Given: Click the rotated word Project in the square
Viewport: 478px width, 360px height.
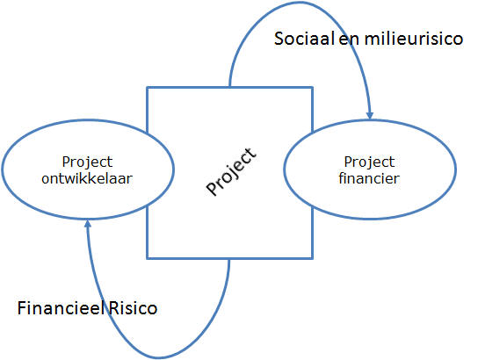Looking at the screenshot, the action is pyautogui.click(x=231, y=171).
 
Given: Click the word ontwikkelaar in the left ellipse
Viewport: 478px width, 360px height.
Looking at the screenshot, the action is pyautogui.click(x=87, y=178).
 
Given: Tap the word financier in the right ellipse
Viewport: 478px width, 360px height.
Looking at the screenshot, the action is pyautogui.click(x=369, y=178).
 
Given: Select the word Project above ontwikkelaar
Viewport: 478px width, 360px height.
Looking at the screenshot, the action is pyautogui.click(x=87, y=162).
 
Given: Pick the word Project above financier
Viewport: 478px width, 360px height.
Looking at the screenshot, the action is pyautogui.click(x=369, y=162).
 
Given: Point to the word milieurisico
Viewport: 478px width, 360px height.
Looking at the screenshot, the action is pyautogui.click(x=414, y=39).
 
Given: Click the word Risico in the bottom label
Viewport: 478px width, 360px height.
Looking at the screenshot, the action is pyautogui.click(x=133, y=307).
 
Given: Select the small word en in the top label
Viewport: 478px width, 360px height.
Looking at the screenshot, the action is pyautogui.click(x=349, y=40).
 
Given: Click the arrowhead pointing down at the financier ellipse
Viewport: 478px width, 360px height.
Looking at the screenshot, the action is pyautogui.click(x=369, y=115).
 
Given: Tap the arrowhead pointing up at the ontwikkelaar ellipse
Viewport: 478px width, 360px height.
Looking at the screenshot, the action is pyautogui.click(x=88, y=224).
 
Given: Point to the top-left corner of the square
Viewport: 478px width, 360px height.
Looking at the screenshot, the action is pyautogui.click(x=148, y=88).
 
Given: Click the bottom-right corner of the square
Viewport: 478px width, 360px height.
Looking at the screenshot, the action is pyautogui.click(x=313, y=258).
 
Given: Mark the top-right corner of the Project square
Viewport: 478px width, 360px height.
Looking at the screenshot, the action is pyautogui.click(x=313, y=88).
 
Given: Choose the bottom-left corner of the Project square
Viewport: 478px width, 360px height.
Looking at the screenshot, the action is pyautogui.click(x=148, y=258).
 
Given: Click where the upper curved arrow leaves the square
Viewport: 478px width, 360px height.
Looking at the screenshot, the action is pyautogui.click(x=229, y=87).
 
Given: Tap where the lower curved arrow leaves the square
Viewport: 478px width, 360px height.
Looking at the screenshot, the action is pyautogui.click(x=229, y=259).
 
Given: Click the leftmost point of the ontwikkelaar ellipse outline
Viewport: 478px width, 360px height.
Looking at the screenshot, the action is pyautogui.click(x=3, y=169).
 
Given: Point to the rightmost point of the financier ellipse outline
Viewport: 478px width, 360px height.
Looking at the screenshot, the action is pyautogui.click(x=456, y=169).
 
